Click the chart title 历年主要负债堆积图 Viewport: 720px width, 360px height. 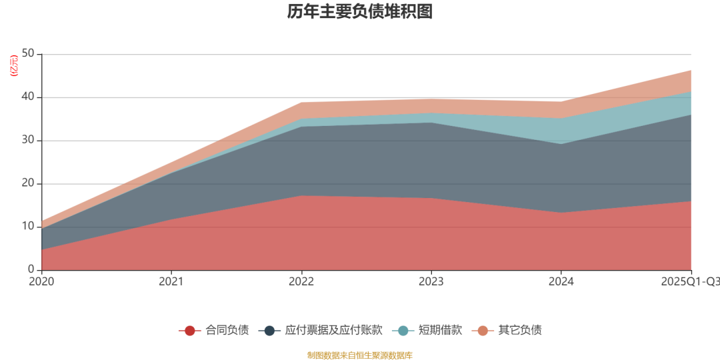(x=360, y=12)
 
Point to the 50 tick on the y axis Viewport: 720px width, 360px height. (x=29, y=54)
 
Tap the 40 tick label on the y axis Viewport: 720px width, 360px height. (x=29, y=97)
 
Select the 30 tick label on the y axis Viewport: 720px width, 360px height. (x=29, y=141)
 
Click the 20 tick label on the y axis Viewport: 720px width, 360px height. (x=29, y=184)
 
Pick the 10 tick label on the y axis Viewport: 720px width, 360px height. (x=29, y=227)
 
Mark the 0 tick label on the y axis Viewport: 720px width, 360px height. (x=32, y=270)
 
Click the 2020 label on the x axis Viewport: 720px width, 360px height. (x=41, y=281)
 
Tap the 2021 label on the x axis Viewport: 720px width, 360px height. (x=171, y=281)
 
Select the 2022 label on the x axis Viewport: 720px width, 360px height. (x=301, y=281)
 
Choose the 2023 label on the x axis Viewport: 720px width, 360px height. (x=431, y=281)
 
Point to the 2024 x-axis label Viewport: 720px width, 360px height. (x=561, y=281)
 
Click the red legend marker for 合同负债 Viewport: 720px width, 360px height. (x=190, y=330)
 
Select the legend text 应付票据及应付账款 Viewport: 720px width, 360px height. (x=333, y=330)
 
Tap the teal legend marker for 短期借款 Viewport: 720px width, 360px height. (x=403, y=330)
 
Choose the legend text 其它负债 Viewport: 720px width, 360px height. (x=520, y=330)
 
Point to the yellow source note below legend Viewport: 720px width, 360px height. (x=360, y=355)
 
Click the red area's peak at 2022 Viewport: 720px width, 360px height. (x=301, y=196)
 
